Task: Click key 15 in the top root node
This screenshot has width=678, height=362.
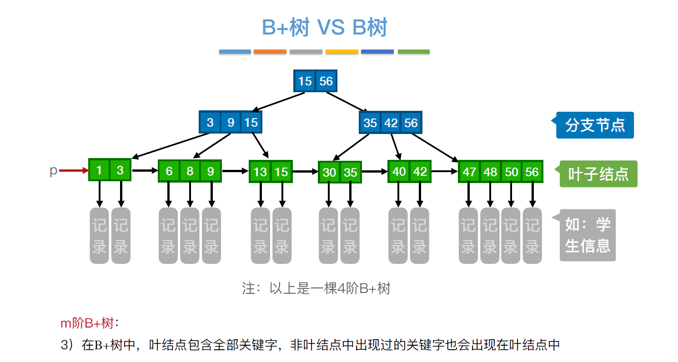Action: coord(305,81)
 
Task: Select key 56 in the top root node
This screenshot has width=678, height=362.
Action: coord(326,81)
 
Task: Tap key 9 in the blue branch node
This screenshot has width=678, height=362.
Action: coord(231,123)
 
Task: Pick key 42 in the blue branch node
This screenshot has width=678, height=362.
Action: coord(391,123)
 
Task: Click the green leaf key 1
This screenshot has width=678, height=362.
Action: coord(99,170)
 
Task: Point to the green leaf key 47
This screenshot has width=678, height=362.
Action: coord(469,172)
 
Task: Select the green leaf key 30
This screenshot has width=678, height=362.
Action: coord(329,172)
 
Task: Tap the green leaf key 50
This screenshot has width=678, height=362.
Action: coord(511,172)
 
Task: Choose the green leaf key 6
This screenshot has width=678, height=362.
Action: coord(169,171)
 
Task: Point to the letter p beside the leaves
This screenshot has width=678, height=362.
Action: coord(53,171)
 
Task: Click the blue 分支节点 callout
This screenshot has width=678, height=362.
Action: coord(594,125)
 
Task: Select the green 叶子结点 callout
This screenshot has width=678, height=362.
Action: coord(598,174)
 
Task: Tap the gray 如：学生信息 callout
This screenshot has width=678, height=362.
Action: coord(588,235)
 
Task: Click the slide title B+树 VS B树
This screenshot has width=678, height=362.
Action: coord(324,28)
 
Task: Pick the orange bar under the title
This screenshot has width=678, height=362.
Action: coord(270,52)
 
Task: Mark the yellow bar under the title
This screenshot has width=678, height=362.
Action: coord(342,52)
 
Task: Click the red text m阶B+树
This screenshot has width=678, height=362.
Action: coord(87,323)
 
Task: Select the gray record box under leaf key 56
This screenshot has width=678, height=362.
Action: coord(532,236)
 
